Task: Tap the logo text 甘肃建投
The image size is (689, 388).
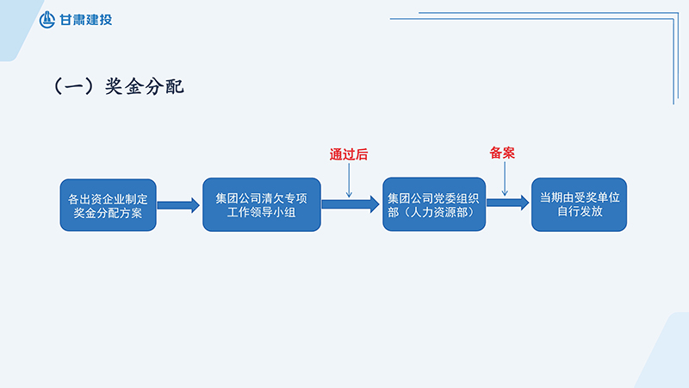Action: [85, 20]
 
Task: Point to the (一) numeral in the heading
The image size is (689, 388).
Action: [74, 86]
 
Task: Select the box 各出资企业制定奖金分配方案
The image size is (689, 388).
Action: [108, 205]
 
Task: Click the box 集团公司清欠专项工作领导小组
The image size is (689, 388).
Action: [261, 203]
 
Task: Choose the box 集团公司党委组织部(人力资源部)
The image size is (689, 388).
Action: [434, 203]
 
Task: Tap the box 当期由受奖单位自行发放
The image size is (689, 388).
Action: [579, 203]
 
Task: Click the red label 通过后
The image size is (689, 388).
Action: [349, 155]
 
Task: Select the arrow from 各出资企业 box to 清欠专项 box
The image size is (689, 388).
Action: [178, 205]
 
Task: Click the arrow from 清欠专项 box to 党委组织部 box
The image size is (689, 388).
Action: [350, 204]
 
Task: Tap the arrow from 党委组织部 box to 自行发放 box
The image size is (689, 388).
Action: [508, 203]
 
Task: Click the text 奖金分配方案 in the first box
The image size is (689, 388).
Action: [108, 213]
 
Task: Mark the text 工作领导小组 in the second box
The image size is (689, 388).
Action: [261, 212]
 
